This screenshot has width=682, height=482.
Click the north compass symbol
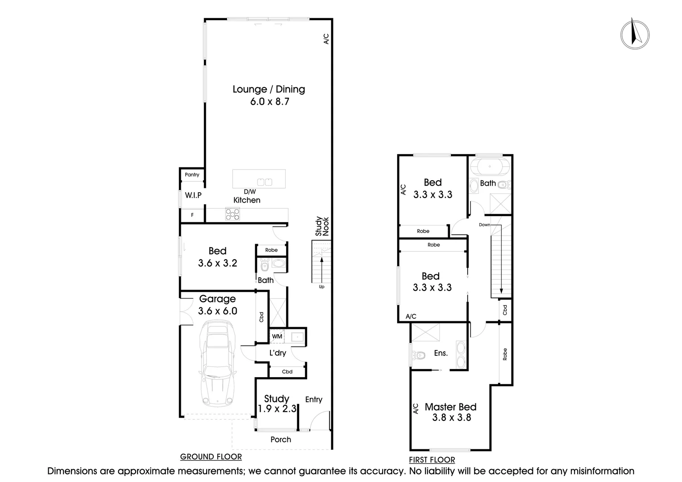635,34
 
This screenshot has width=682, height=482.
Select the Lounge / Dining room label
269,89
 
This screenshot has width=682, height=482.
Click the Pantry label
192,175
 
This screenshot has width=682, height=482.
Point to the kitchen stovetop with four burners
232,215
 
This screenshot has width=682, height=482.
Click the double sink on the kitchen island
264,182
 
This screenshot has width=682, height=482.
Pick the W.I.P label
193,195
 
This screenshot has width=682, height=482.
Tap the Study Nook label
322,226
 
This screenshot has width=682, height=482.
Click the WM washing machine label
277,336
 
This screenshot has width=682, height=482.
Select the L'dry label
278,353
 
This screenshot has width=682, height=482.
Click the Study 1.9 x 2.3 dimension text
277,408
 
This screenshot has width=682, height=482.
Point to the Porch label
281,440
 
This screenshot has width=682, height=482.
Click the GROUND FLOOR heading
211,457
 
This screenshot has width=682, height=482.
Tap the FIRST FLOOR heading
432,460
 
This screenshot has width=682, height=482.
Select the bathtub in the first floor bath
490,166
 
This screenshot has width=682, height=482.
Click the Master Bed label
450,407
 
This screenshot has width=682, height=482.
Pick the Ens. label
441,353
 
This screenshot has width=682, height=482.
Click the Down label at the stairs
484,224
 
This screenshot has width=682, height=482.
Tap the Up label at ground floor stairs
321,287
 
